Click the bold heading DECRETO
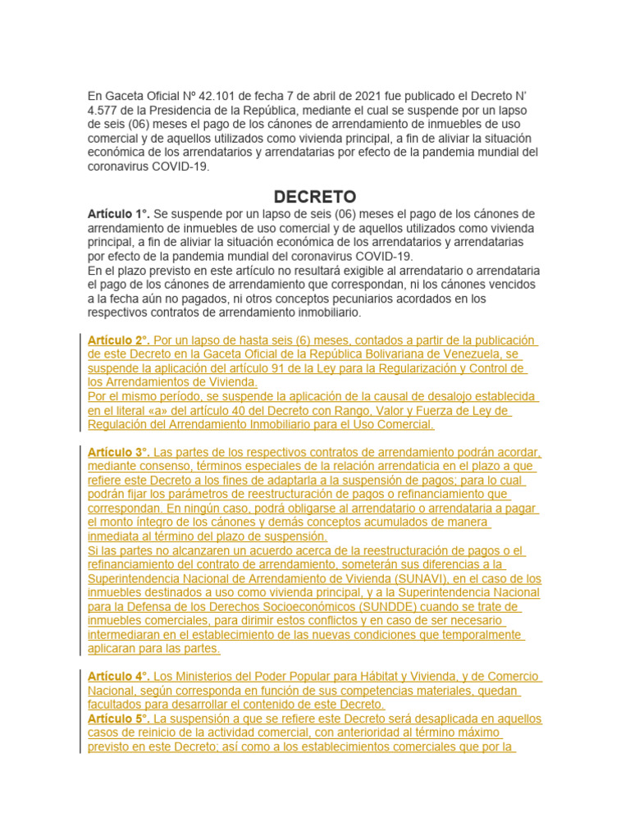coord(315,197)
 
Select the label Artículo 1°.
coord(117,214)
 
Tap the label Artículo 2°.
coord(118,340)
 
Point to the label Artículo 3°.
coord(118,452)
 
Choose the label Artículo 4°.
coord(118,676)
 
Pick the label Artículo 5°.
coord(118,719)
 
